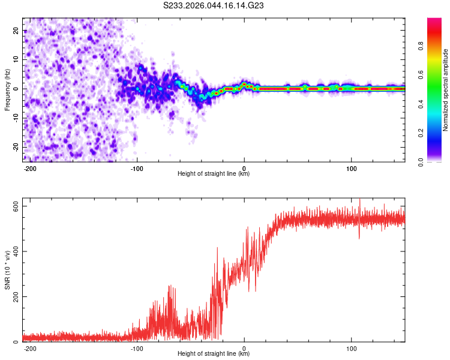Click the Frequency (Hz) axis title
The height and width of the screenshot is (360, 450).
pyautogui.click(x=7, y=89)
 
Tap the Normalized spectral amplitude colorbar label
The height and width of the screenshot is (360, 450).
pyautogui.click(x=446, y=90)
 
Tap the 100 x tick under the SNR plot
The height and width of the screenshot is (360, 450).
pyautogui.click(x=350, y=347)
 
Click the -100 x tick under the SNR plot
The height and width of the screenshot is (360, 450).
pyautogui.click(x=137, y=347)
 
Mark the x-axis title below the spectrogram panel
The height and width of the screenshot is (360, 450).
pyautogui.click(x=214, y=174)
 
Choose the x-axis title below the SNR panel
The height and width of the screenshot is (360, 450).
pyautogui.click(x=214, y=354)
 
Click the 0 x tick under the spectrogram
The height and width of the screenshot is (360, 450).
pyautogui.click(x=244, y=167)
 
